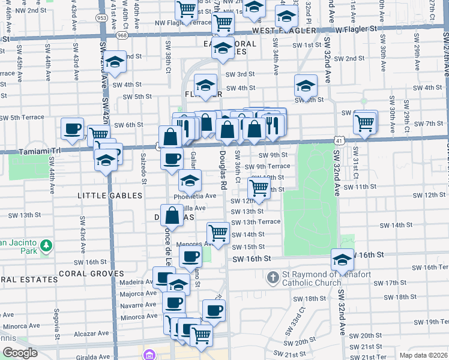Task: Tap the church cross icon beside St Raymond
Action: [273, 278]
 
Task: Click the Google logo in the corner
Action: [20, 353]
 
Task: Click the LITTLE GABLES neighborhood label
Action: [110, 196]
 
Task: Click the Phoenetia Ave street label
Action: [195, 196]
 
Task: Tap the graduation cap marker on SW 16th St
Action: [343, 260]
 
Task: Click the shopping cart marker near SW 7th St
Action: [365, 122]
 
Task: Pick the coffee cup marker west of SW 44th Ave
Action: [73, 129]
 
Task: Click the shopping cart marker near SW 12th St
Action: [259, 188]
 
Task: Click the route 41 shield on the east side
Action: [339, 140]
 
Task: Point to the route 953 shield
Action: [103, 18]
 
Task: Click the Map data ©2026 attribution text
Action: [424, 355]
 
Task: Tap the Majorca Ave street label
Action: [138, 294]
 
